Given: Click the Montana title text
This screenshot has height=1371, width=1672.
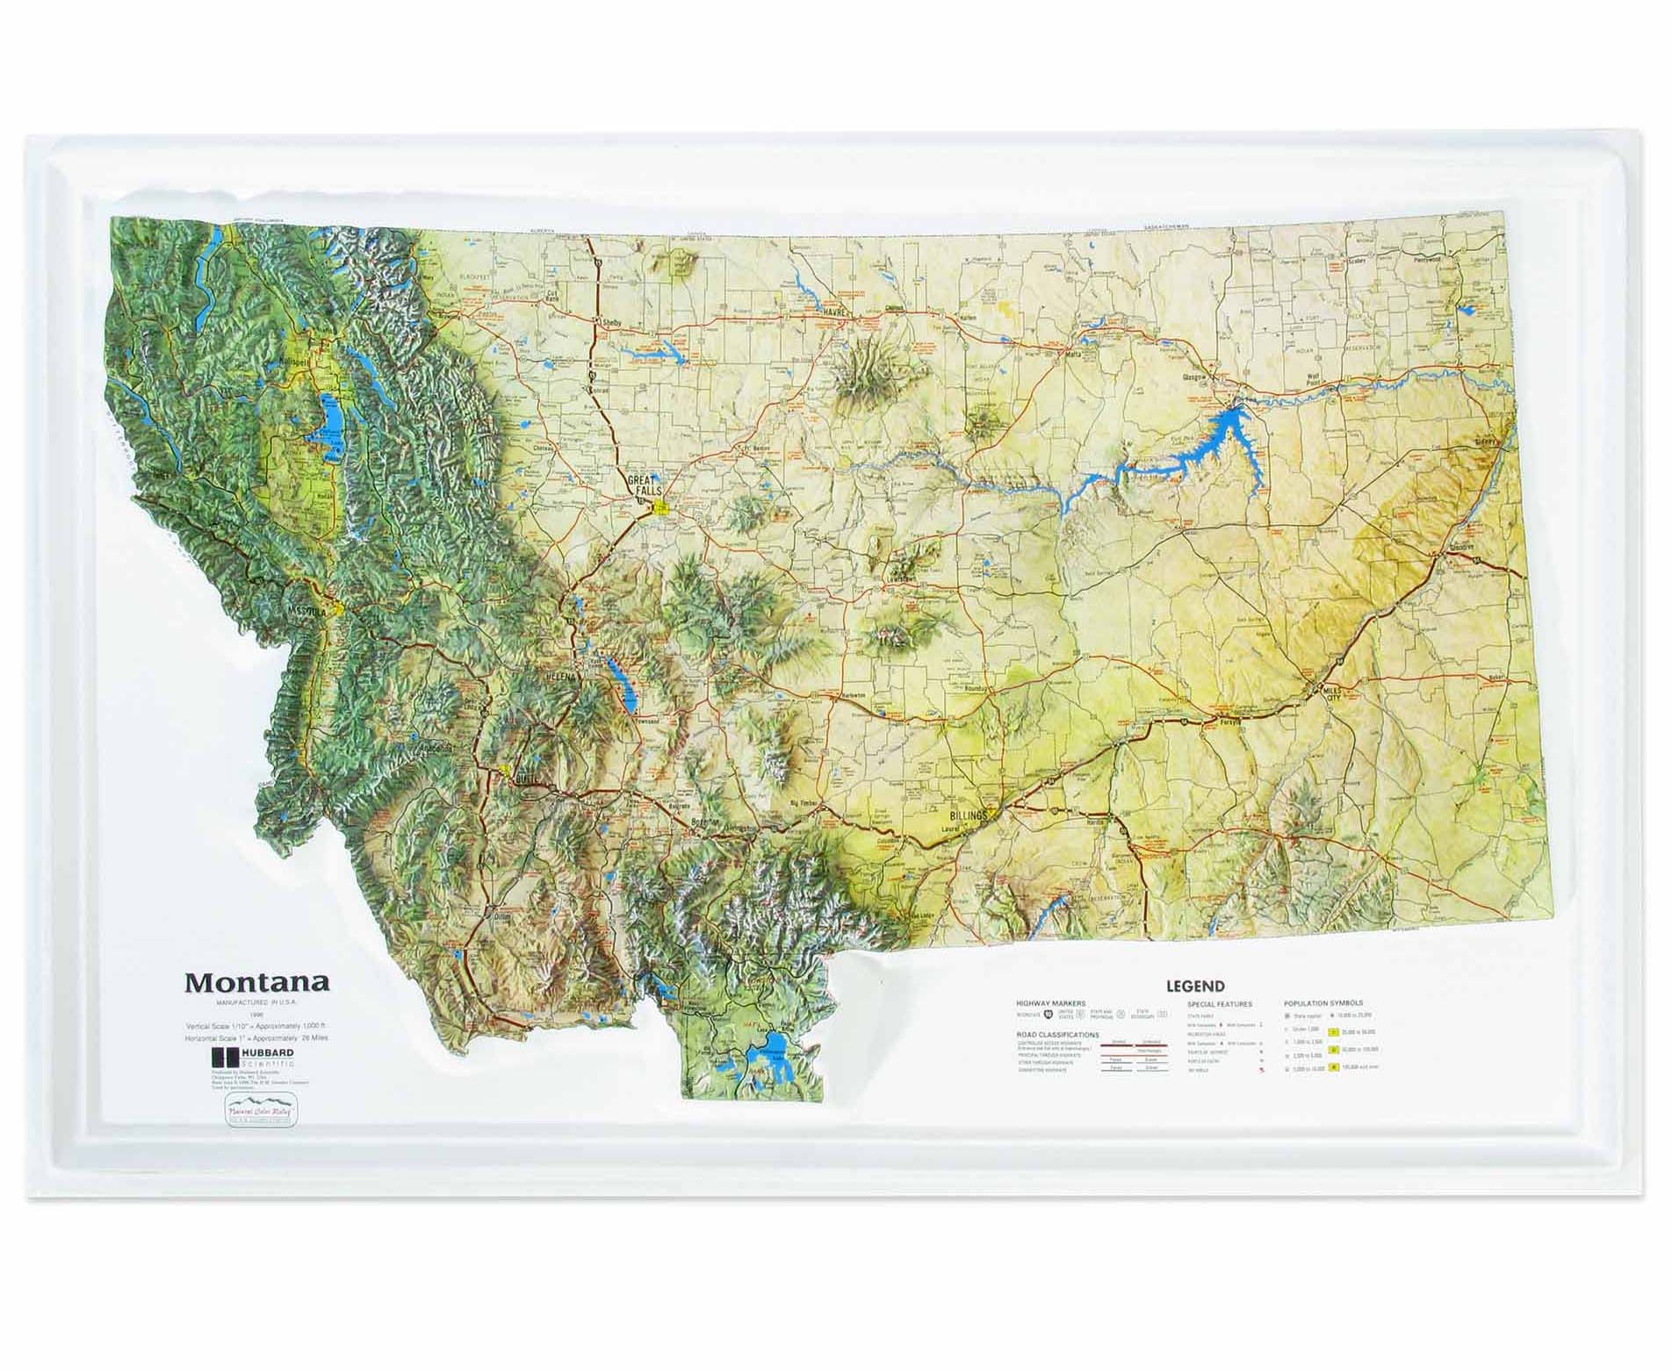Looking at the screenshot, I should [256, 982].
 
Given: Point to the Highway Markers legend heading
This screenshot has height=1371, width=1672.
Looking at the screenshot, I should [1050, 1003].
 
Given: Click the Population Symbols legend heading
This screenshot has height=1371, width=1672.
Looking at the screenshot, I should [1322, 1003].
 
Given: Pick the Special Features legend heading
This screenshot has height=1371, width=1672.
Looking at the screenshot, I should [1219, 1003].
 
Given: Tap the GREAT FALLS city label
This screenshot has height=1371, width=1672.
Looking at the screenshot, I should [645, 485].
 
